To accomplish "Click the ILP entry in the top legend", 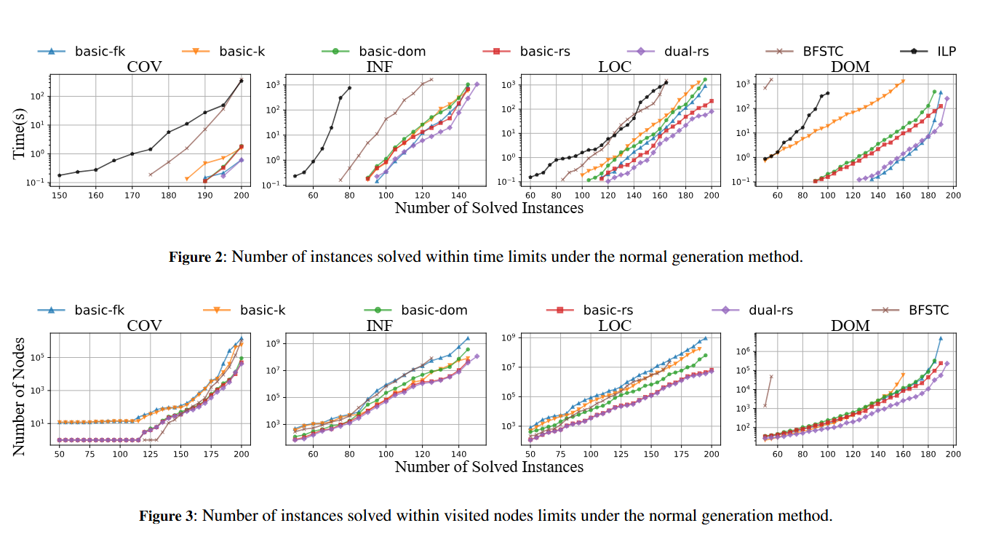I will [x=946, y=51].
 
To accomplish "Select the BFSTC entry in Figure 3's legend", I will [x=928, y=310].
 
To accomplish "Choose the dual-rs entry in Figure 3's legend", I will [x=770, y=310].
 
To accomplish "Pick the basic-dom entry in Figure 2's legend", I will [x=391, y=51].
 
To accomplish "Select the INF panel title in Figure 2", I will [x=380, y=68].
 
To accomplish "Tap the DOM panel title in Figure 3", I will [x=850, y=326].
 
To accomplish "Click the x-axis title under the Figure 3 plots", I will [x=489, y=467].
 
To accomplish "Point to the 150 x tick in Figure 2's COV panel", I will [x=59, y=195].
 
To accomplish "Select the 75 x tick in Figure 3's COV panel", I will [x=89, y=453].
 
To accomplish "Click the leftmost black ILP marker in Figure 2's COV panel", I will [x=59, y=175].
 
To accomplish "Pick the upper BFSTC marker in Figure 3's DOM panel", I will [x=771, y=376].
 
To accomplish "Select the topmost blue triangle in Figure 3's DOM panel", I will [x=941, y=338].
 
